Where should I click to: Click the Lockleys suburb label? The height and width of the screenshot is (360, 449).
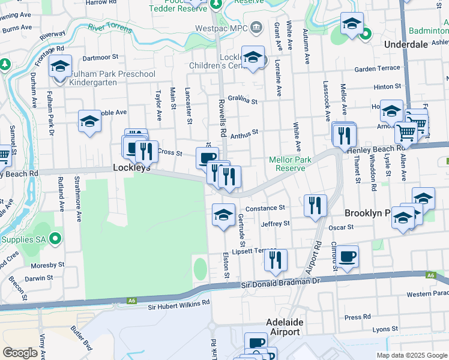click(131, 169)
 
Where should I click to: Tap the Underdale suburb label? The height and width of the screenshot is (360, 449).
click(406, 45)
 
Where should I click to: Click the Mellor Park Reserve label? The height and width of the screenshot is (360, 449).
click(290, 164)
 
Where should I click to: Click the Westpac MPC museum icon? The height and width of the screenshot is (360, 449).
click(256, 27)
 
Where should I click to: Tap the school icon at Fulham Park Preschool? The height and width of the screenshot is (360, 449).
click(60, 67)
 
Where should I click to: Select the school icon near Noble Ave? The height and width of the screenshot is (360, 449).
click(89, 121)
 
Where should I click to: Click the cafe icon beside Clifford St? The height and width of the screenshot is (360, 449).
click(347, 257)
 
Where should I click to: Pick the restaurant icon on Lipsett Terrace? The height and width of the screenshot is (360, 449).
click(275, 260)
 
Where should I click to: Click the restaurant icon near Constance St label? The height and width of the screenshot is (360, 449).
click(315, 206)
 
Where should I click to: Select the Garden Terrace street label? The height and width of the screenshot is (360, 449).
click(376, 69)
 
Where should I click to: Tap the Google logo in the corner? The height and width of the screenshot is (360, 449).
click(20, 352)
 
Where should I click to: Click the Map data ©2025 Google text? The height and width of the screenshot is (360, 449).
click(411, 355)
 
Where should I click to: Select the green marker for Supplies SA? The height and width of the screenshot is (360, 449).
click(55, 239)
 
